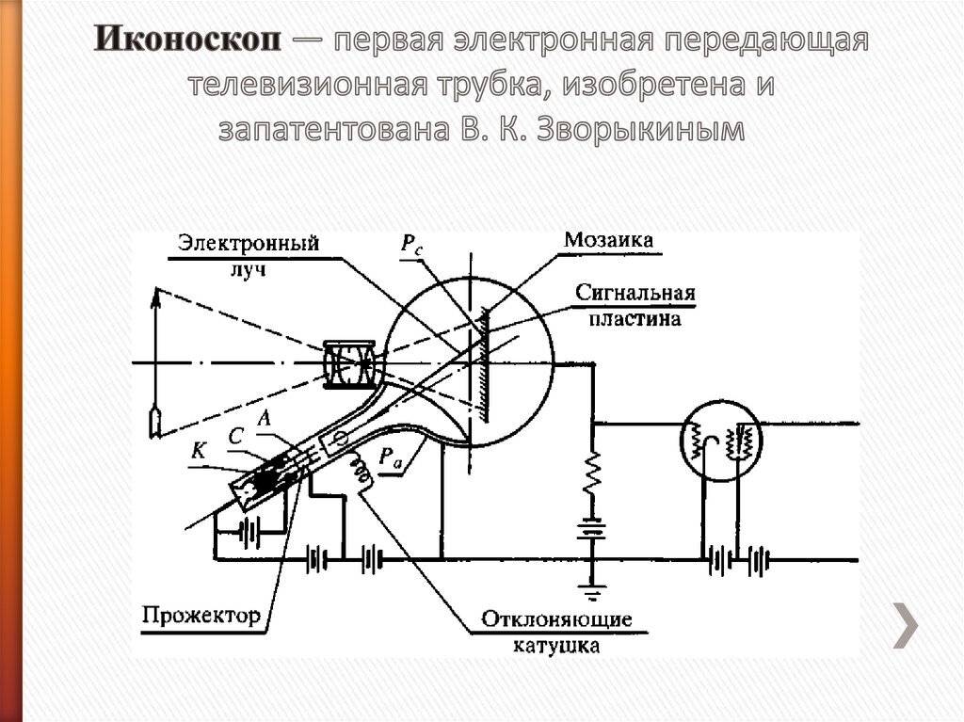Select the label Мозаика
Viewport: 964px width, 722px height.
(608, 240)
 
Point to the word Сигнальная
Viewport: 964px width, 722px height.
(635, 293)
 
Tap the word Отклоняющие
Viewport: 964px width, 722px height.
(556, 620)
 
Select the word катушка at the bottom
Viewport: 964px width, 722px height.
(556, 646)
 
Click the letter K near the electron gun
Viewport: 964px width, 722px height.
(198, 451)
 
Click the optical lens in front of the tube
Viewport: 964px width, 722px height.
(350, 363)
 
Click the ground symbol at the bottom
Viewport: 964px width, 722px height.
(591, 593)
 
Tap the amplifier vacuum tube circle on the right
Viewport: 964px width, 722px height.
(721, 440)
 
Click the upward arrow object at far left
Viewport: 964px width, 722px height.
(154, 358)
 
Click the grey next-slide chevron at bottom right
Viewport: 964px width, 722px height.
(906, 623)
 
